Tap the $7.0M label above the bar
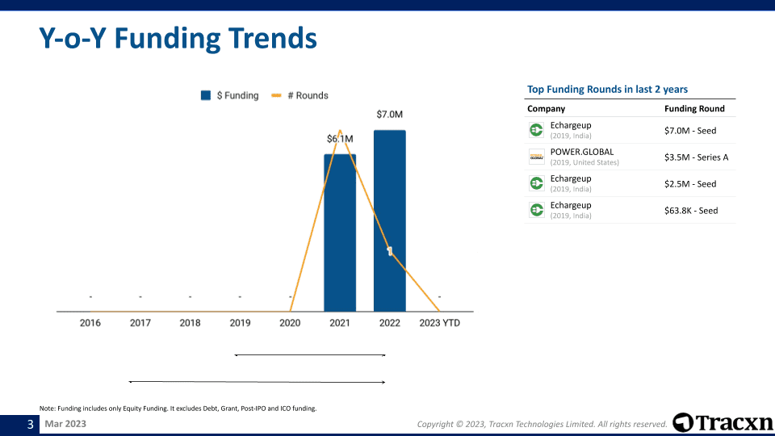coord(390,115)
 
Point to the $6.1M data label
coord(340,139)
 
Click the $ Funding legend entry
coord(230,95)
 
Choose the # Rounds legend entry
coord(300,95)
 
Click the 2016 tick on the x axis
coord(90,323)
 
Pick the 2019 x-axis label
coord(240,323)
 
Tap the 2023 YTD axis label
coord(439,323)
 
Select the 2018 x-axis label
coord(190,323)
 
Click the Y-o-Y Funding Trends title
coord(178,38)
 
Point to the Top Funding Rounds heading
coord(607,90)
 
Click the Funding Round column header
coord(694,109)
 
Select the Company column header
coord(546,109)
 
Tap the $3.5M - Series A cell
coord(696,157)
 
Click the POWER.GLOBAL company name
coord(582,152)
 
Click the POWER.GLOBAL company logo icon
coord(536,157)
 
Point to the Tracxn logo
coord(722,422)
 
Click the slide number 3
coord(31,424)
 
